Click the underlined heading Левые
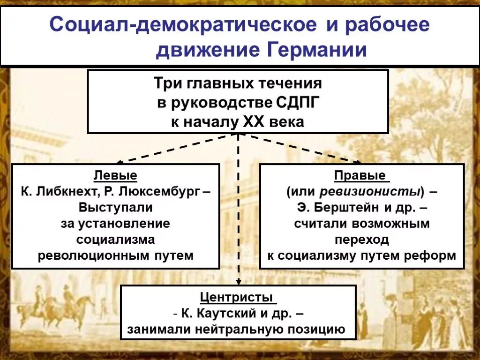pos(115,176)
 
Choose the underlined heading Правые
pos(361,176)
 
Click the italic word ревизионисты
pos(369,192)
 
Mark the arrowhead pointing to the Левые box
pos(119,162)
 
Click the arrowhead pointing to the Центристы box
pos(238,282)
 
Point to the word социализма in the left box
pos(115,240)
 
